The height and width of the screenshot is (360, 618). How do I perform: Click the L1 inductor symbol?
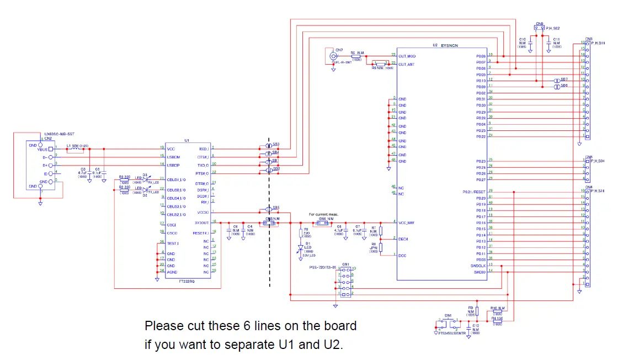(72, 149)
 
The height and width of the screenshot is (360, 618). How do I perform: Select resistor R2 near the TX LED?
(124, 189)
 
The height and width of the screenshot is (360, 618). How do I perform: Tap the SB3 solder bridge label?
(276, 144)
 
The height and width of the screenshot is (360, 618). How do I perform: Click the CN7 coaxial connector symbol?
(333, 56)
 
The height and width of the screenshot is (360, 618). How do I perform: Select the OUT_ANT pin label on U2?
(407, 65)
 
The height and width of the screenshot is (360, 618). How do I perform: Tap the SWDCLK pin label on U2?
(478, 265)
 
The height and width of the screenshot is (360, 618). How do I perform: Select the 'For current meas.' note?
(323, 214)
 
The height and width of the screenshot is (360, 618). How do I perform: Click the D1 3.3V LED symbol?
(301, 248)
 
